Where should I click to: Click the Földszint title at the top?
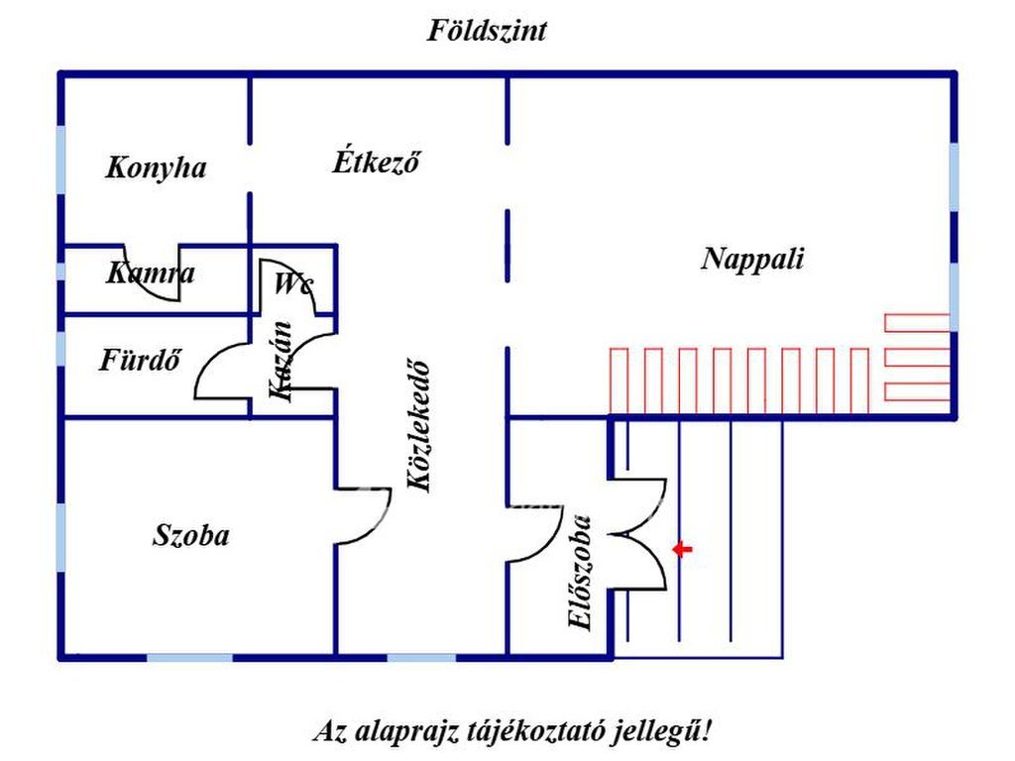click(x=487, y=31)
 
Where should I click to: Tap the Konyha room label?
click(x=156, y=167)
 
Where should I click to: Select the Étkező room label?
click(x=376, y=162)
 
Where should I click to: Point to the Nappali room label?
click(x=752, y=260)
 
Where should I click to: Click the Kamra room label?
click(x=151, y=273)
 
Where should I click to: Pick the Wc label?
click(x=293, y=285)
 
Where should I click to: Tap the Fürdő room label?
click(x=140, y=361)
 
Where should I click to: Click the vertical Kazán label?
click(x=282, y=361)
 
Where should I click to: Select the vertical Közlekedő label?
click(x=420, y=424)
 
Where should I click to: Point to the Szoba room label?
click(x=190, y=536)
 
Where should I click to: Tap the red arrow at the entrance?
click(x=682, y=549)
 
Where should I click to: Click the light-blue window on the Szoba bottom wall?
click(x=190, y=656)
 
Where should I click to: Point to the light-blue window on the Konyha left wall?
click(x=60, y=160)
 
